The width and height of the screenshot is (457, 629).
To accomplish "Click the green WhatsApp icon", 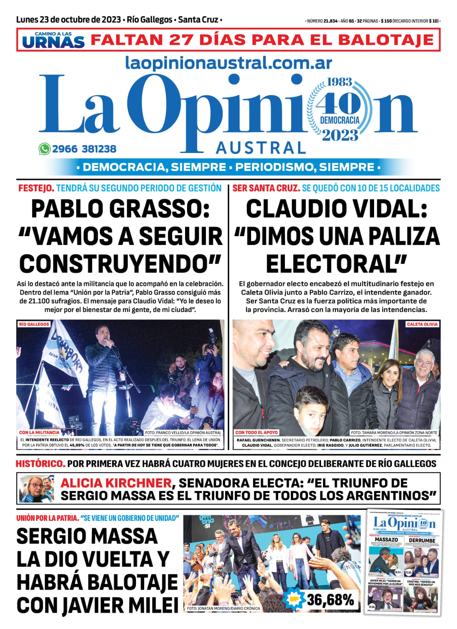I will point(44,149).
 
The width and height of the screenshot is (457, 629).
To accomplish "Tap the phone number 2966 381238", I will point(84,149).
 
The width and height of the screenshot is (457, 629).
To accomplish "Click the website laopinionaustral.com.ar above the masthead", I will point(228,63).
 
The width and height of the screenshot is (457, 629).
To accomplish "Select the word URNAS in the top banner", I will point(53,42).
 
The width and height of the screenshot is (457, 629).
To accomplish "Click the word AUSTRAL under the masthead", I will point(261,148).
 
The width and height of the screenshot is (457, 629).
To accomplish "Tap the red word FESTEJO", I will point(36,188).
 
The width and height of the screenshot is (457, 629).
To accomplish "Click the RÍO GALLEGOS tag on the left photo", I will point(34,324).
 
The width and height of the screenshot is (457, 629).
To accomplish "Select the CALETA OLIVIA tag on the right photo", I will point(422,324).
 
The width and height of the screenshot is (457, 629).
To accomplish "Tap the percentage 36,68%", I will point(330,600).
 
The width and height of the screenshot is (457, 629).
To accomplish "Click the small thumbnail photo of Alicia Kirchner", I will point(37,489).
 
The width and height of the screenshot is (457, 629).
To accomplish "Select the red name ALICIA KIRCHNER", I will point(116,483).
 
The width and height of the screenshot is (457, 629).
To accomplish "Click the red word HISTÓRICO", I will point(40,464).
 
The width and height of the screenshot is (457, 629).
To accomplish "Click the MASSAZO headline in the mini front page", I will point(386,540).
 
